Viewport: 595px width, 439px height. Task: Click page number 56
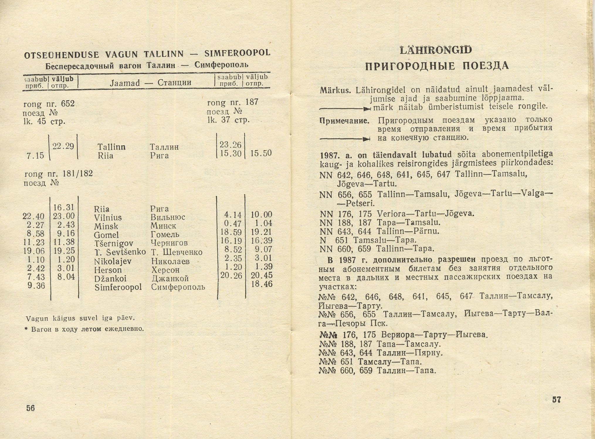click(30, 408)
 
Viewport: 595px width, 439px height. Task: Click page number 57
click(556, 399)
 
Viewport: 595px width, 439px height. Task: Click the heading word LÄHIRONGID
click(436, 50)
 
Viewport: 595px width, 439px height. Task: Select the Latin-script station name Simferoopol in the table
click(118, 287)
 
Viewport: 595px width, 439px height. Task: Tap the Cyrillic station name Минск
click(164, 226)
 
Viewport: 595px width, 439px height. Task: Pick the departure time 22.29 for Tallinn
click(63, 146)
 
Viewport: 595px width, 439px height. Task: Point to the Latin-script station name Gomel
click(106, 235)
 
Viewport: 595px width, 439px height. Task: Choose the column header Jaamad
click(125, 83)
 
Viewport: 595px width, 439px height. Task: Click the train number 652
click(68, 104)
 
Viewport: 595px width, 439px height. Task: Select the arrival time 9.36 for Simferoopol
click(36, 286)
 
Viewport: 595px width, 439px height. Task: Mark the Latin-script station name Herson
click(108, 270)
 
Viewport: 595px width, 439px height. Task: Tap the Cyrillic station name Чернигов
click(169, 243)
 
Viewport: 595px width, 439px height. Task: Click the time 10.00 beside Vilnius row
click(261, 215)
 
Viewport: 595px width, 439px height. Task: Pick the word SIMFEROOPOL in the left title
click(237, 53)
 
